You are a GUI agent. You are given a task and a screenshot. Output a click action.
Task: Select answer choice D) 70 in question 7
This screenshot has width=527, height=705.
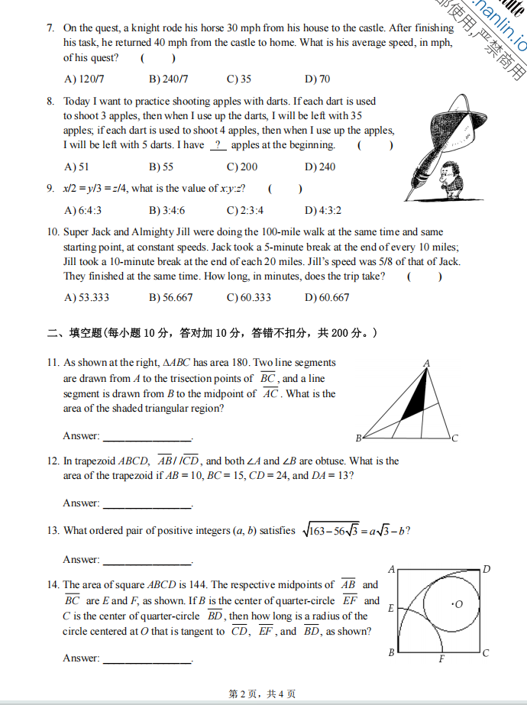(x=317, y=79)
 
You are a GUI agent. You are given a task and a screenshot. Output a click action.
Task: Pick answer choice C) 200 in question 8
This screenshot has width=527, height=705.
(x=242, y=167)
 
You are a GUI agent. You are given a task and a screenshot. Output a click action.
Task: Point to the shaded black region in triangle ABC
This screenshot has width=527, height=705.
(x=413, y=399)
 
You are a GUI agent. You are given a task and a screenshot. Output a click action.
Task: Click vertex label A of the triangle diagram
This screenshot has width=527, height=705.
(x=426, y=363)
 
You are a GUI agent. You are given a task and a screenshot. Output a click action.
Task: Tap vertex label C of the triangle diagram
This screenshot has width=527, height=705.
(x=455, y=438)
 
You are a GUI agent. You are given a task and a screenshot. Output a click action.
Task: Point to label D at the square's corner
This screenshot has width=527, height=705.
(x=487, y=569)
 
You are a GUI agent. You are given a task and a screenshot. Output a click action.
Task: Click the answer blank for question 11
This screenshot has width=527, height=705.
(x=147, y=437)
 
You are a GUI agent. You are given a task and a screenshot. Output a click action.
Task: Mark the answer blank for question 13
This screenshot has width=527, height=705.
(x=147, y=561)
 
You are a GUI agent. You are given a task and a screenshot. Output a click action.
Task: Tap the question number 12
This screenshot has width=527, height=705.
(x=53, y=461)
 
